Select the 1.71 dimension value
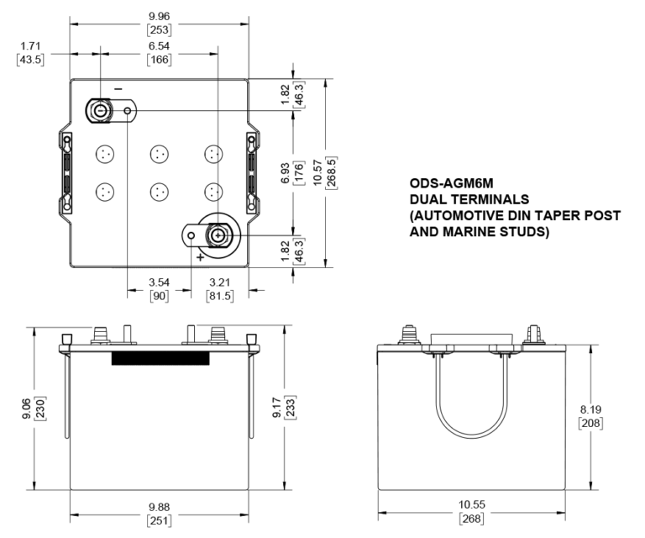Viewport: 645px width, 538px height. point(30,46)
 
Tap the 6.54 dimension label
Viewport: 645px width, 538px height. point(159,46)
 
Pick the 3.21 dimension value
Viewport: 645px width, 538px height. point(218,283)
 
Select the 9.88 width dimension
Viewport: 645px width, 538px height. point(160,505)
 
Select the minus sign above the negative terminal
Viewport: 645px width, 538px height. point(118,88)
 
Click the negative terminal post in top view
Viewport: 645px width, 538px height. point(100,110)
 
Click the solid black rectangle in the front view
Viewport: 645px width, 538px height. point(160,359)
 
